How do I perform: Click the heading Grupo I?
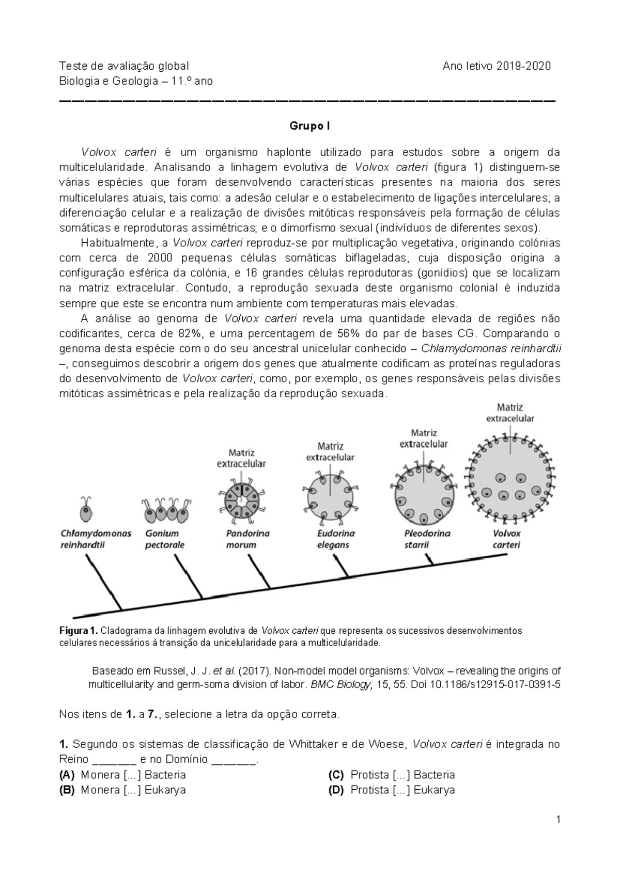coord(309,126)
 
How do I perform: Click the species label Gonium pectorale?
coord(164,539)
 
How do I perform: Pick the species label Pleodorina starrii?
coord(427,539)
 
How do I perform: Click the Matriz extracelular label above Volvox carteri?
coord(510,413)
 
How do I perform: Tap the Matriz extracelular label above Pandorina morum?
coord(241,458)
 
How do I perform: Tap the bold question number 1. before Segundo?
coord(64,744)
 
